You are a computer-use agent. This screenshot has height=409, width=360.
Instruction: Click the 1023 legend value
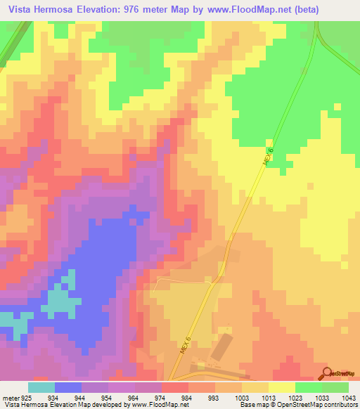point(292,398)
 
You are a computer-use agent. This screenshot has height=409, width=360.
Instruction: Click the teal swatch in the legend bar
point(41,387)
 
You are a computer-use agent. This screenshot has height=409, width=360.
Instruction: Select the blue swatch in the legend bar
point(68,387)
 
